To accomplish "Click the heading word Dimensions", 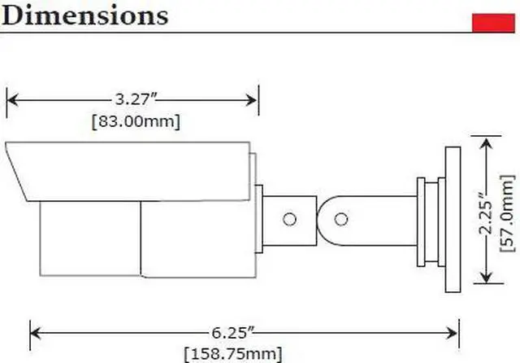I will click(x=84, y=15).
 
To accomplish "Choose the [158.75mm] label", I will click(x=233, y=354).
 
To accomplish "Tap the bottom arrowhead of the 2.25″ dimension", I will click(x=485, y=285).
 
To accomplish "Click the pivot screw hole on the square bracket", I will click(x=288, y=219).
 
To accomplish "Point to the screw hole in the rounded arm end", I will click(x=342, y=219).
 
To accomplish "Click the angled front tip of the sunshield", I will click(x=16, y=167).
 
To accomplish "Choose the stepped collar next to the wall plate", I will click(x=428, y=220).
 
